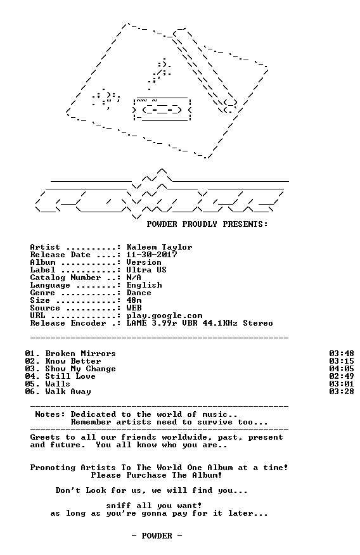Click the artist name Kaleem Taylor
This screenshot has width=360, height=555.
[x=159, y=247]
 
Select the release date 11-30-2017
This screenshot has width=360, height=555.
[x=152, y=255]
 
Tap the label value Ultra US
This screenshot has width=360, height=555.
[x=146, y=270]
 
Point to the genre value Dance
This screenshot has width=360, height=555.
[x=139, y=293]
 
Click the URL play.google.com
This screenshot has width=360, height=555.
[x=164, y=316]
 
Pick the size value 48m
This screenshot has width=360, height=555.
[x=134, y=300]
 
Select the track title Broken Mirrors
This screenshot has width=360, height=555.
[x=80, y=354]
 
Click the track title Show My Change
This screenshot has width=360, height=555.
[x=80, y=369]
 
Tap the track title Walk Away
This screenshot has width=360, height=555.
[x=68, y=392]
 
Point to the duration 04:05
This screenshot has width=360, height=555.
[x=341, y=369]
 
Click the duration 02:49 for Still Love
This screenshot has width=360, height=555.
[x=341, y=376]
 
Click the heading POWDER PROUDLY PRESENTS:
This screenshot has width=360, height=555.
[x=207, y=224]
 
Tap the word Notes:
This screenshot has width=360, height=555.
[x=50, y=414]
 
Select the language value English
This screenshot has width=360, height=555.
[x=144, y=285]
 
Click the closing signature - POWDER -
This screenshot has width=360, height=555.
[x=157, y=536]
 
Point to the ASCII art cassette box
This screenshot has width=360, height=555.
[x=162, y=109]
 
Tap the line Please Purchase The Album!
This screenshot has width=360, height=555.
[x=157, y=475]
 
